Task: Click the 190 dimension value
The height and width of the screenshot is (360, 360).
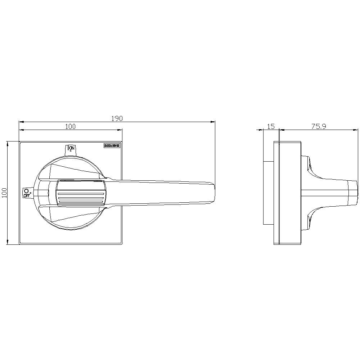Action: click(x=117, y=118)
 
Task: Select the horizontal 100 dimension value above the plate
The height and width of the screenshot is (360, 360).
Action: click(x=70, y=126)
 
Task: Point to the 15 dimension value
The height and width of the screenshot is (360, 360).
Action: click(x=271, y=126)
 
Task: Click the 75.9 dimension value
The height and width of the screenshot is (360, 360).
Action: click(x=319, y=126)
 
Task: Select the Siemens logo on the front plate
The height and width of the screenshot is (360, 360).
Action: click(x=111, y=146)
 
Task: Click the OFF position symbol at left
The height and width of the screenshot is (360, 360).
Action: click(x=27, y=193)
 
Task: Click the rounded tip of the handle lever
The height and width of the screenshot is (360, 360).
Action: click(x=212, y=193)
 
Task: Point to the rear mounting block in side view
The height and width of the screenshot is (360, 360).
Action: click(x=269, y=193)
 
